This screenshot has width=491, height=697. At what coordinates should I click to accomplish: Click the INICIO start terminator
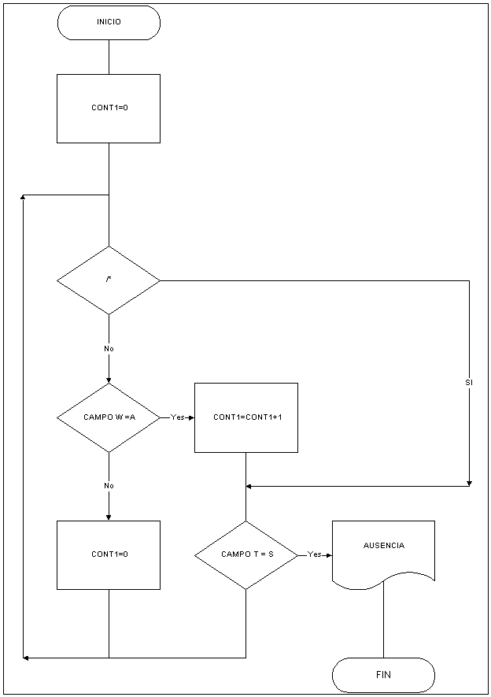pyautogui.click(x=109, y=22)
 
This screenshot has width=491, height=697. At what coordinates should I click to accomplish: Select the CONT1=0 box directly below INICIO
pyautogui.click(x=109, y=108)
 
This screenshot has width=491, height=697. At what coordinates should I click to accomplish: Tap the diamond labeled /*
pyautogui.click(x=109, y=280)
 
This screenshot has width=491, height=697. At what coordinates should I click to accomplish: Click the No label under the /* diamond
pyautogui.click(x=109, y=348)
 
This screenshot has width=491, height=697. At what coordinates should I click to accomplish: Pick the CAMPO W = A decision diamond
pyautogui.click(x=109, y=417)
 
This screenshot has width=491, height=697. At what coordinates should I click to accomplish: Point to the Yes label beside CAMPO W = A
pyautogui.click(x=177, y=417)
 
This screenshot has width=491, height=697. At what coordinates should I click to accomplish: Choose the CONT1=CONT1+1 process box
pyautogui.click(x=246, y=417)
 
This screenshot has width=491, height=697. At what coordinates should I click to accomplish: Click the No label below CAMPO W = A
pyautogui.click(x=109, y=486)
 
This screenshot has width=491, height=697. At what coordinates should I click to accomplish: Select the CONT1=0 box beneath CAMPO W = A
pyautogui.click(x=109, y=554)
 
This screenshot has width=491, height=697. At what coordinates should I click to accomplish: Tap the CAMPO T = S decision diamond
pyautogui.click(x=246, y=554)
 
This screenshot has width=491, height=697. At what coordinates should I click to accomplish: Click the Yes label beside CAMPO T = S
pyautogui.click(x=314, y=554)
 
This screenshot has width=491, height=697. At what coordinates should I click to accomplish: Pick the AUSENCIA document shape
pyautogui.click(x=383, y=551)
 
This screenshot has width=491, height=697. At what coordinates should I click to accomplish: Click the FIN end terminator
pyautogui.click(x=383, y=675)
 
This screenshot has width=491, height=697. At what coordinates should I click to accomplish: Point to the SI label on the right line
pyautogui.click(x=469, y=383)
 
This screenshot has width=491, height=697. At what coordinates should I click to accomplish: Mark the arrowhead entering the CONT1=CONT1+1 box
pyautogui.click(x=191, y=417)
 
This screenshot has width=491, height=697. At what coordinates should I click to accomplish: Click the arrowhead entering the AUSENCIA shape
pyautogui.click(x=329, y=554)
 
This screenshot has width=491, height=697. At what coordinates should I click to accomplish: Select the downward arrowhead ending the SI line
pyautogui.click(x=469, y=482)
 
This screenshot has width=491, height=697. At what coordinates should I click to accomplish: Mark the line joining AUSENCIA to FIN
pyautogui.click(x=383, y=622)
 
